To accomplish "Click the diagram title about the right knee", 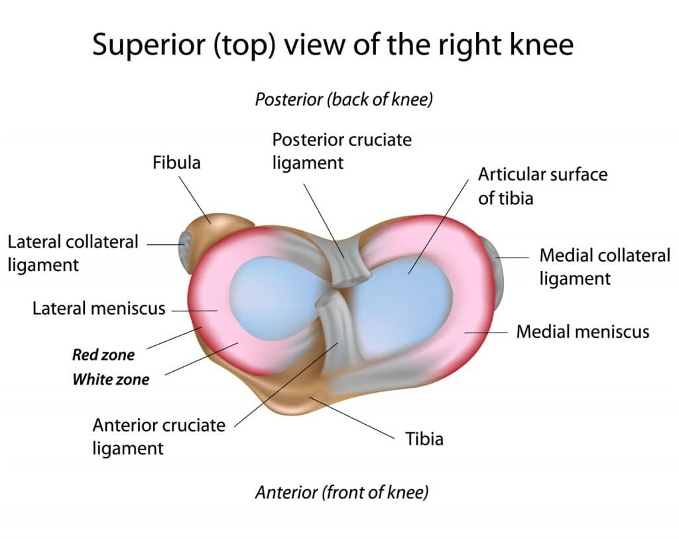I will coord(332,44).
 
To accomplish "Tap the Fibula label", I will coord(176,162).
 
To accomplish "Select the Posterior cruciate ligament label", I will coord(341,151).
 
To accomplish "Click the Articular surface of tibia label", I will coord(542,186).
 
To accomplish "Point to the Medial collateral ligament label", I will coord(605,266).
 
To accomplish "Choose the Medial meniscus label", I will coord(583,331).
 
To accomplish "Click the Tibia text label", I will coord(424,438).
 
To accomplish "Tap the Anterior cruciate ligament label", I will coord(159,435).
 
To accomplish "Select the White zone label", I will coord(111,380).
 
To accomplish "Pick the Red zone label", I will coord(103,354).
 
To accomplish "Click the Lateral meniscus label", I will coord(99,309).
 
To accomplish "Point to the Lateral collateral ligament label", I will coord(73,253).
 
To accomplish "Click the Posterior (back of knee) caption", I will coord(343,100).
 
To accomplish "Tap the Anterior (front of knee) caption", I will coord(341,493).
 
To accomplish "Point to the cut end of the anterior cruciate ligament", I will coord(326,302).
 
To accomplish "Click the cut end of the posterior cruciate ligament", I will coord(351,277).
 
